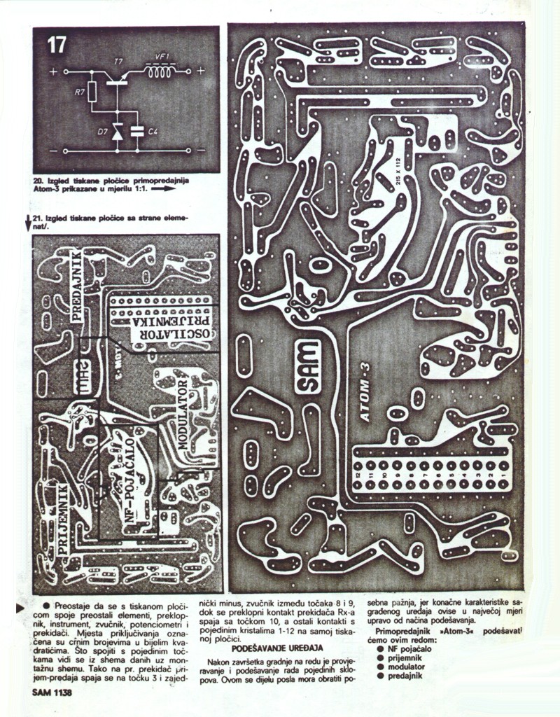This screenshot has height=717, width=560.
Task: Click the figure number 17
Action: (56, 46)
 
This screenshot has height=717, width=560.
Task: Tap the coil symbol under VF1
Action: (160, 71)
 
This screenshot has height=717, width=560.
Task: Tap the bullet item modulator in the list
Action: (406, 667)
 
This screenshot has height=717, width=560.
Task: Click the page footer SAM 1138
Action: (52, 693)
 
